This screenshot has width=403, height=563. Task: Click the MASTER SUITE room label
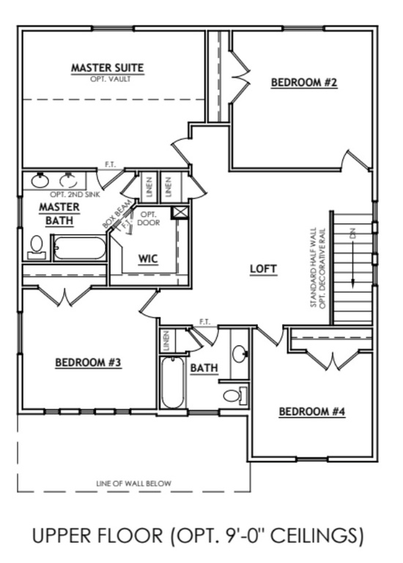[x=107, y=68]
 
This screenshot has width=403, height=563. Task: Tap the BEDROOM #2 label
[x=304, y=83]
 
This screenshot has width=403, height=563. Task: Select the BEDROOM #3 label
[x=88, y=362]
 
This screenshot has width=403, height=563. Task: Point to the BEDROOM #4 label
[x=311, y=412]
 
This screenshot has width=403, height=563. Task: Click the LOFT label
[x=263, y=268]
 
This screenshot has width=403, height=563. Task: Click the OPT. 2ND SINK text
[x=75, y=194]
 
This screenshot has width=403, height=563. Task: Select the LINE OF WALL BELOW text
[x=133, y=483]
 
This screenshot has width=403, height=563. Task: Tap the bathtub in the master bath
[x=80, y=248]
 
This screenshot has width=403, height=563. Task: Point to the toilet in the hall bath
[x=234, y=397]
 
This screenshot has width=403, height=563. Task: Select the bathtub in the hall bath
[x=172, y=381]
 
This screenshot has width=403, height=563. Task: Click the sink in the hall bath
[x=240, y=353]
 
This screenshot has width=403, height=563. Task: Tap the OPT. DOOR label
[x=148, y=218]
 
